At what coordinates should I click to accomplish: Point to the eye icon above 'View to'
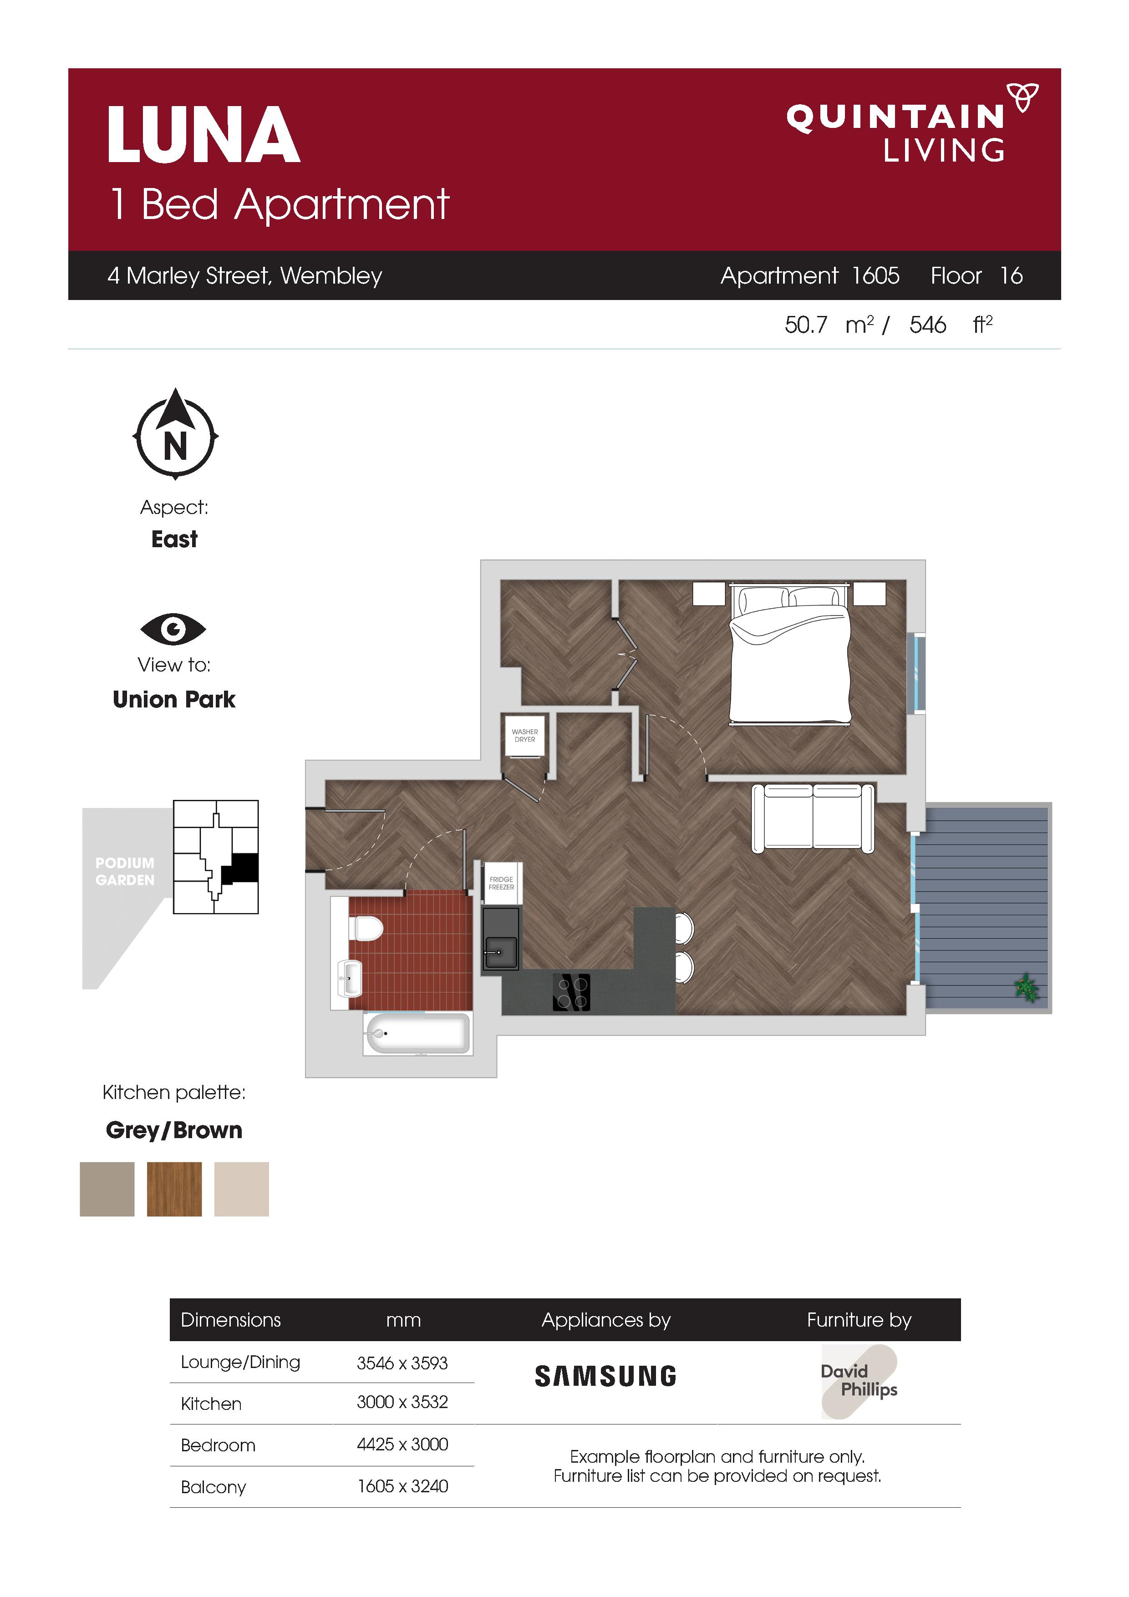(x=173, y=630)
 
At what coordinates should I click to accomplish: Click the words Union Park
(x=174, y=699)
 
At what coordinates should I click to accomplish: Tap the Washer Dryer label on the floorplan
(x=524, y=735)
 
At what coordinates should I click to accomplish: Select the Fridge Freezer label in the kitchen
(x=501, y=883)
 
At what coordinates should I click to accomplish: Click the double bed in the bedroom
(x=789, y=654)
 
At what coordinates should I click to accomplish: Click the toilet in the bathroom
(x=365, y=928)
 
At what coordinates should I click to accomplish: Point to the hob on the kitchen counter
(x=571, y=992)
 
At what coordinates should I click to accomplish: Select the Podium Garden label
(x=125, y=871)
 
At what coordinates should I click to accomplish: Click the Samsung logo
(x=605, y=1377)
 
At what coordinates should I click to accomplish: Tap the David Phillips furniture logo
(x=859, y=1381)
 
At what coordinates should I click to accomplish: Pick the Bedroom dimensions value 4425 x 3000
(x=402, y=1444)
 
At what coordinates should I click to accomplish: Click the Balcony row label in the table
(x=213, y=1487)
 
